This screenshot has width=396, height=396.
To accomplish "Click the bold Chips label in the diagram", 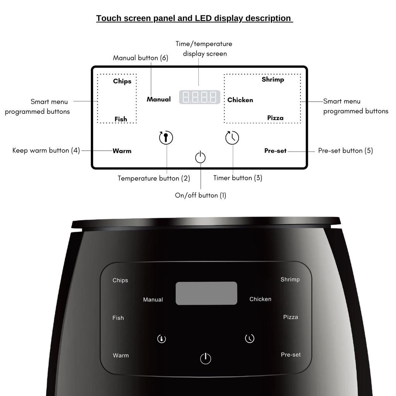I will pyautogui.click(x=122, y=81).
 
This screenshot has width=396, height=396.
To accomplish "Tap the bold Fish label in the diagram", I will pyautogui.click(x=121, y=119).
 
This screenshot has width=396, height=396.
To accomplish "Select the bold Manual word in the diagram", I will pyautogui.click(x=159, y=99).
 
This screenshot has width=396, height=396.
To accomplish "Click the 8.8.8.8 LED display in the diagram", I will pyautogui.click(x=200, y=97).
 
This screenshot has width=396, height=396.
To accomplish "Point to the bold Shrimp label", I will pyautogui.click(x=273, y=79).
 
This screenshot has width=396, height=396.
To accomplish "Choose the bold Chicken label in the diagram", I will pyautogui.click(x=240, y=100).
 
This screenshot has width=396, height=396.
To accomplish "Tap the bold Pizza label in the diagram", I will pyautogui.click(x=275, y=118).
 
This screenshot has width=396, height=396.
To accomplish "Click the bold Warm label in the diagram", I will pyautogui.click(x=122, y=151).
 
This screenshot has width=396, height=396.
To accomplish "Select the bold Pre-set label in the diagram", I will pyautogui.click(x=275, y=151).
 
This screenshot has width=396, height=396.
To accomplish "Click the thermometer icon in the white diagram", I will pyautogui.click(x=166, y=138).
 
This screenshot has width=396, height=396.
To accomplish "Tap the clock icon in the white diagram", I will pyautogui.click(x=232, y=138).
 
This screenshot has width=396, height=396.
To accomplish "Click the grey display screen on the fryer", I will pyautogui.click(x=206, y=293).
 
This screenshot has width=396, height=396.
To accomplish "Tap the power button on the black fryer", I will pyautogui.click(x=206, y=358).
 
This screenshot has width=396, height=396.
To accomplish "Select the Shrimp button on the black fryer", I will pyautogui.click(x=290, y=279).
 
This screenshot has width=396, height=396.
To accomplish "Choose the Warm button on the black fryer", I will pyautogui.click(x=121, y=355).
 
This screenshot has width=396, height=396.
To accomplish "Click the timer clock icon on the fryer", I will pyautogui.click(x=250, y=338).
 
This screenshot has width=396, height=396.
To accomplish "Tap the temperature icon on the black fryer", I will pyautogui.click(x=162, y=339).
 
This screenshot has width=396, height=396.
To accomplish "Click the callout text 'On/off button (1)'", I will pyautogui.click(x=200, y=195).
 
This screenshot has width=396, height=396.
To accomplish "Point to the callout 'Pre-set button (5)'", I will pyautogui.click(x=345, y=151).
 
